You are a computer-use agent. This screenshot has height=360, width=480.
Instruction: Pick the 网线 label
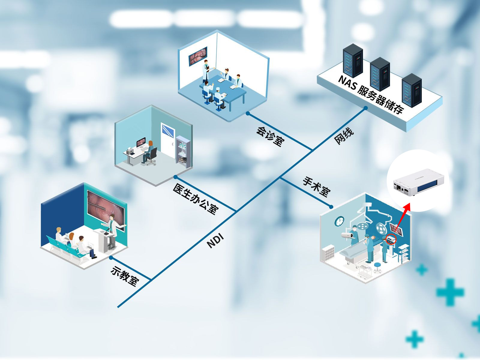coord(344,136)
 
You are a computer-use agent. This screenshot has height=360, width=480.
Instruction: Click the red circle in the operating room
coord(391,239)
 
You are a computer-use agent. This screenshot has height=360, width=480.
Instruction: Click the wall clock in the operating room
coord(339,221)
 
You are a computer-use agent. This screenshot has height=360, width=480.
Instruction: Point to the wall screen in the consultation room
coord(198,56)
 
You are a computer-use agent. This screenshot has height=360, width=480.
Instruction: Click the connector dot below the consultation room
coord(248,113)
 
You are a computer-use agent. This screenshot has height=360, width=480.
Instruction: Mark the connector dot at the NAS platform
coord(365,108)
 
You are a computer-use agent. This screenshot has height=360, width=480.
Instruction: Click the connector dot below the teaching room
coord(111,257)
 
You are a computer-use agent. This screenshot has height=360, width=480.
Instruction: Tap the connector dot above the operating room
coord(331,207)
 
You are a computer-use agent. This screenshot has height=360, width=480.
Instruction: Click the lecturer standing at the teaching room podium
coord(112,229)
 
